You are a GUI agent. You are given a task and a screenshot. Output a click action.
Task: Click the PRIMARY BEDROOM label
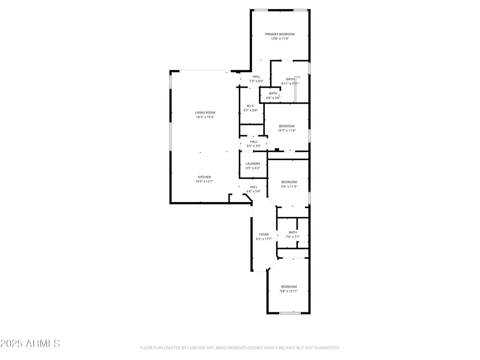(x=280, y=34)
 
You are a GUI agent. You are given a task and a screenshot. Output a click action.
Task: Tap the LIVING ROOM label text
(x=205, y=113)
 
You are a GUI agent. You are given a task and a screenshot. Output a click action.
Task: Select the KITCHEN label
(x=204, y=177)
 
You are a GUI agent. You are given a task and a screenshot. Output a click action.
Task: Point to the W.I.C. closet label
(x=251, y=106)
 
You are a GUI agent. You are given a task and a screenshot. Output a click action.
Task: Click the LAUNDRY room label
(x=253, y=164)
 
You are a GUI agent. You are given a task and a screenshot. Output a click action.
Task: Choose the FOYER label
(x=264, y=234)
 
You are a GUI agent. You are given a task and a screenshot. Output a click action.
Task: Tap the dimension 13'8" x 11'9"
(x=280, y=39)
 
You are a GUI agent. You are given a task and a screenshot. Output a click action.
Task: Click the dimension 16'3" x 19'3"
(x=205, y=117)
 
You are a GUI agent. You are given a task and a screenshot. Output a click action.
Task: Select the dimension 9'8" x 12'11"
(x=289, y=291)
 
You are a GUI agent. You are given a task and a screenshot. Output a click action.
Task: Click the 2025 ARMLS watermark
(x=30, y=343)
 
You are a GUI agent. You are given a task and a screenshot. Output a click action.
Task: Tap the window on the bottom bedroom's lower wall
(x=290, y=313)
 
